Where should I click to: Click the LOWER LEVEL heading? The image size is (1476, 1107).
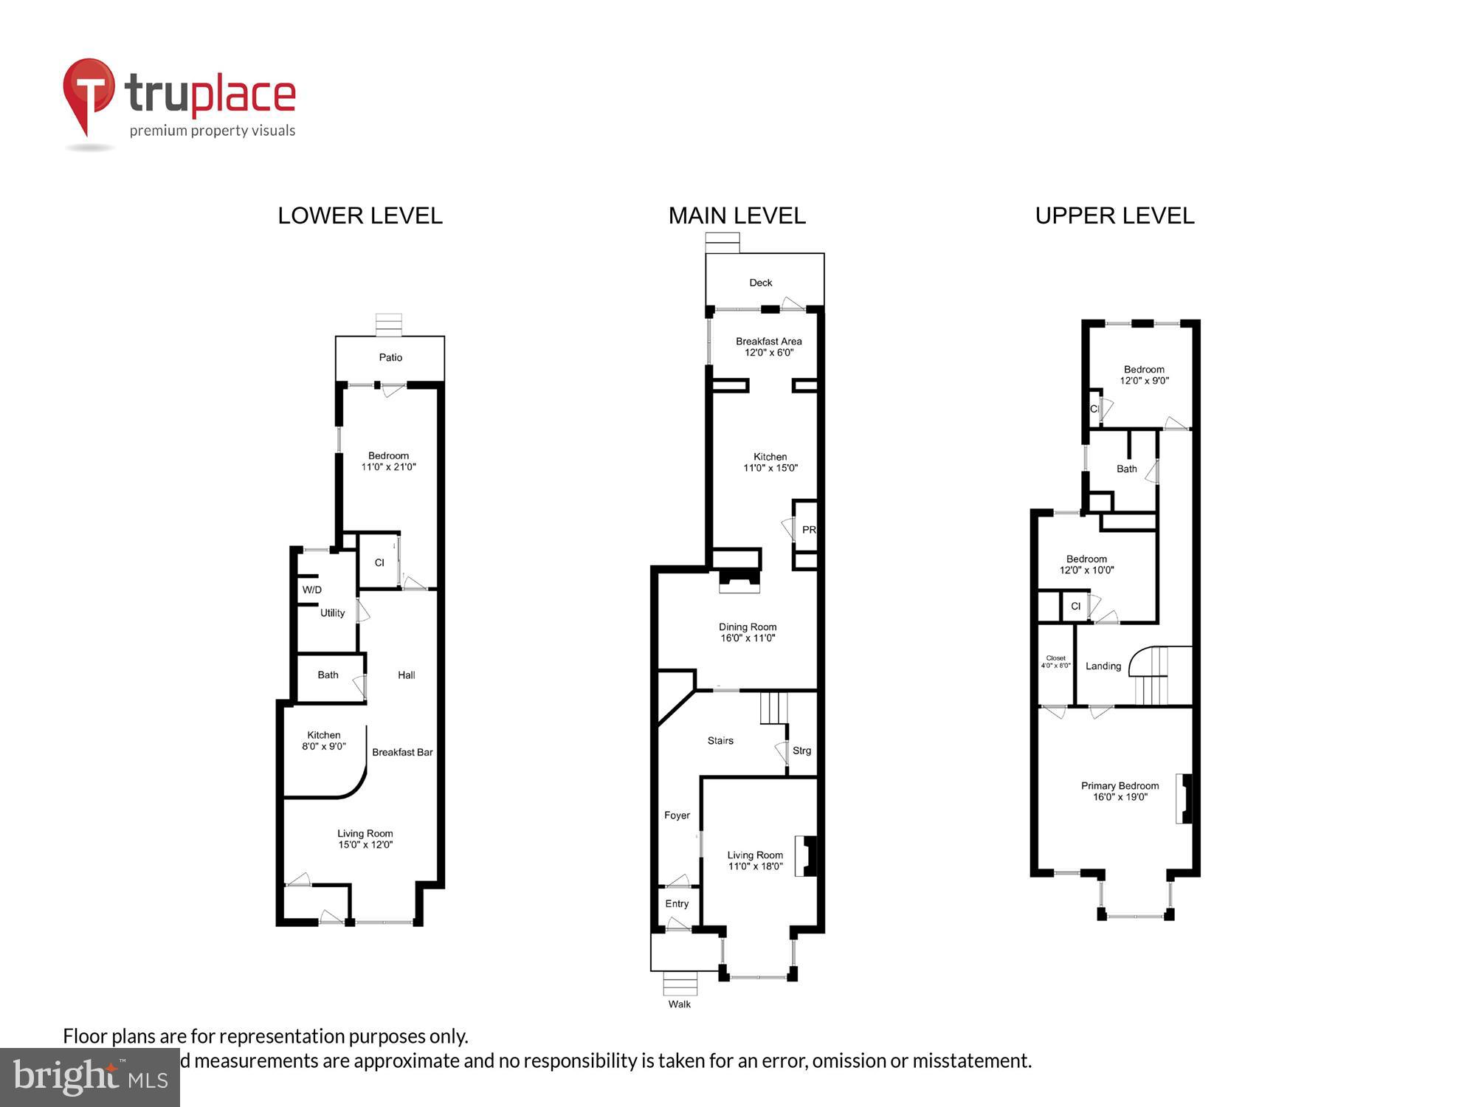tap(360, 215)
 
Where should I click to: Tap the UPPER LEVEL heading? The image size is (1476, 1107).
tap(1114, 215)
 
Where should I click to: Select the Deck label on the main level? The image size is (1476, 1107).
tap(760, 283)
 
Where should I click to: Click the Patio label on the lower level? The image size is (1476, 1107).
tap(390, 357)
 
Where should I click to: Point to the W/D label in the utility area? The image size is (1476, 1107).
tap(311, 590)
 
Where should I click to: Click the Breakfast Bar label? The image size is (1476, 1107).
tap(402, 752)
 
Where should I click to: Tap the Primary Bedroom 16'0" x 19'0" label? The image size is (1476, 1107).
tap(1120, 791)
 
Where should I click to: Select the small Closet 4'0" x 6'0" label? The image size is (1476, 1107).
tap(1055, 662)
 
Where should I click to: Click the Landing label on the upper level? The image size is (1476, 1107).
tap(1103, 666)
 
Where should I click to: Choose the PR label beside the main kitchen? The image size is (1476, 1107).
tap(808, 530)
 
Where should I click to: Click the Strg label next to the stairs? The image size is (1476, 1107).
tap(801, 751)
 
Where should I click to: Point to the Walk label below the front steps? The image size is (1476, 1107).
tap(679, 1004)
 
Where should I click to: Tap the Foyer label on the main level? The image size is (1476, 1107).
tap(677, 815)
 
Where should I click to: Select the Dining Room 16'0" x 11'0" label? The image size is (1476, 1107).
tap(748, 632)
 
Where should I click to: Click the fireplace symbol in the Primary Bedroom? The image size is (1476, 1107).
tap(1184, 798)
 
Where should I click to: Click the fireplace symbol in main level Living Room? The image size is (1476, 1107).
tap(806, 855)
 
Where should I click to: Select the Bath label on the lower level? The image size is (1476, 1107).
tap(328, 675)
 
